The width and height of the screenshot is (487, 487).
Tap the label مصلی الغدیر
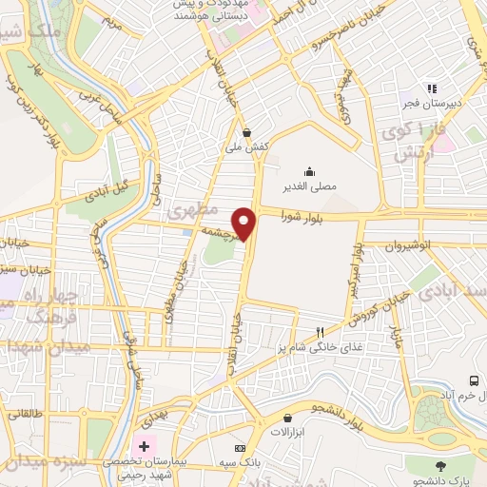pos(312,188)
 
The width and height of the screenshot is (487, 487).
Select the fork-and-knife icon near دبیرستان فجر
pos(431,88)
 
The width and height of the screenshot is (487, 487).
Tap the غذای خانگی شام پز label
pos(314,346)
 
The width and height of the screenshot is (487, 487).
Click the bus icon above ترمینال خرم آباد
pos(474,380)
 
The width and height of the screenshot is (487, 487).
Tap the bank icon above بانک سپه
pos(240,447)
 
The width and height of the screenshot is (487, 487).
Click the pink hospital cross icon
pos(144,445)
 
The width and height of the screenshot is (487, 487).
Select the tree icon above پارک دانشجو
pos(439,467)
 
